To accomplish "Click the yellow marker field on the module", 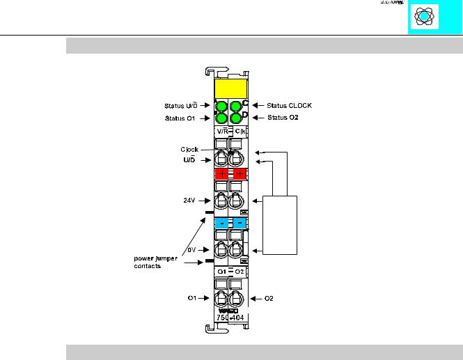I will point(231,89).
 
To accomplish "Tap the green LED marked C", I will point(237,107).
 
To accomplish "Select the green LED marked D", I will point(237,118).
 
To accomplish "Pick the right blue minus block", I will point(239,224).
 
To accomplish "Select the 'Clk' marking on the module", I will point(239,131).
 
